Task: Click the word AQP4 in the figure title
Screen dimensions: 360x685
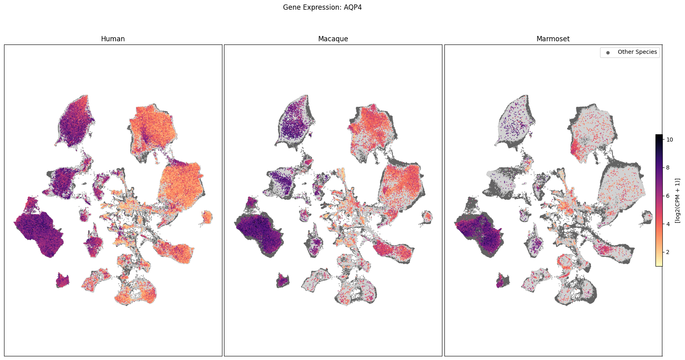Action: (353, 7)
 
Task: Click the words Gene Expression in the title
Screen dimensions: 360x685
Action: (311, 7)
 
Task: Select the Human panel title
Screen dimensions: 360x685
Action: (113, 39)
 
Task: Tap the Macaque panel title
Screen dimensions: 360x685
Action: (333, 39)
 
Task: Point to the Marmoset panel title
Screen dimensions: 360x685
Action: (553, 39)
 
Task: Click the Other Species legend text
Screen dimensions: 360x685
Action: (637, 52)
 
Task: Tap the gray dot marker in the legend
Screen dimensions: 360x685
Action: (608, 52)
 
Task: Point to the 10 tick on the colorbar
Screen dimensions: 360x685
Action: (670, 140)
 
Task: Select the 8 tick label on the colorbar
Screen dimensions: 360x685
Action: (668, 167)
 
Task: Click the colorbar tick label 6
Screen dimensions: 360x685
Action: (668, 196)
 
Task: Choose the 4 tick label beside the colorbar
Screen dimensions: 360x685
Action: (668, 224)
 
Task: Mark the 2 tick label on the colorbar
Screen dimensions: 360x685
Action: (668, 252)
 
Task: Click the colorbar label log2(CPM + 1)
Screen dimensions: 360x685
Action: (677, 200)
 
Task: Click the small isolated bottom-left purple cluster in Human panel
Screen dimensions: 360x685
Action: (62, 280)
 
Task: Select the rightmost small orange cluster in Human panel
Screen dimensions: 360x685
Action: (207, 217)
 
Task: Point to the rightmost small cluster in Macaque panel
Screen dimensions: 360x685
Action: (427, 217)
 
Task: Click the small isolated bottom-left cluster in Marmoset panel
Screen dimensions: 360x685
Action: (503, 280)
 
